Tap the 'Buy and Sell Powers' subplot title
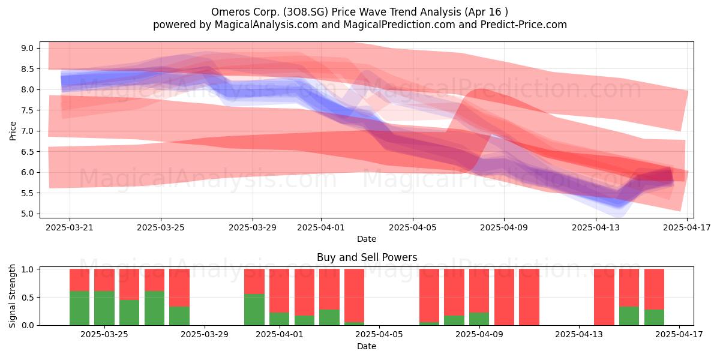367,257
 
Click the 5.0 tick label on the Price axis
28,214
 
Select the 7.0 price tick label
28,131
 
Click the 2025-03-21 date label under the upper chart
70,227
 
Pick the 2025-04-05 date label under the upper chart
413,227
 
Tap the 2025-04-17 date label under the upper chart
687,227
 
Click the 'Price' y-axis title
13,131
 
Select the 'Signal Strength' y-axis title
12,296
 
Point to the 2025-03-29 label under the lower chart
205,335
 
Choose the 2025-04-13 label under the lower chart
579,335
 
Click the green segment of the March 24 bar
104,308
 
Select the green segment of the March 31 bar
254,310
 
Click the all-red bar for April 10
505,297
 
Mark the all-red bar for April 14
604,297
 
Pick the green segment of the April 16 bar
654,317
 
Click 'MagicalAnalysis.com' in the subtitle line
266,25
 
